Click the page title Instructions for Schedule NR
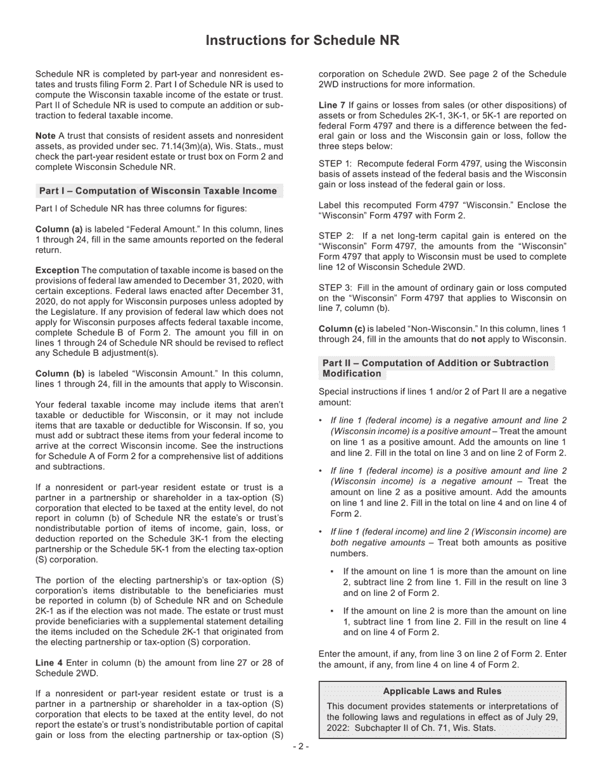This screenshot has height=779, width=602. point(302,41)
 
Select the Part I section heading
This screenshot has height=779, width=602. point(158,191)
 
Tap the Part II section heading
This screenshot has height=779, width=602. point(435,368)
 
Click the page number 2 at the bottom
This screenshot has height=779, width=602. point(301,747)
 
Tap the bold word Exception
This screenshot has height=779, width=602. point(57,270)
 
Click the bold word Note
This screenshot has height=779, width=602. point(46,136)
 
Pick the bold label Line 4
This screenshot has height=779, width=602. point(49,662)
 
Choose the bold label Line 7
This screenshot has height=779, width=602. point(331,105)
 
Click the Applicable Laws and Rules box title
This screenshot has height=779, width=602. point(442,691)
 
